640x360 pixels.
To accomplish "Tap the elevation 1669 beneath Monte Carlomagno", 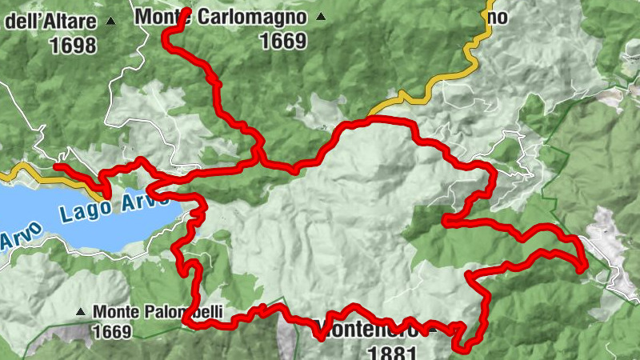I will point(283,41).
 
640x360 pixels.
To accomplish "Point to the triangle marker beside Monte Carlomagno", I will point(322,17).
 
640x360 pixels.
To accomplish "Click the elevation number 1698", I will point(73,46).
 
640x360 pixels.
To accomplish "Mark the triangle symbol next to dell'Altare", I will point(110,22).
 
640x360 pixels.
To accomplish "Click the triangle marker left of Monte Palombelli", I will point(82,311).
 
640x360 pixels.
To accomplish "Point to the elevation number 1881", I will point(391,351).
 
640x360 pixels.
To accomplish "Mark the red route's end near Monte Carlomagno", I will point(186,11).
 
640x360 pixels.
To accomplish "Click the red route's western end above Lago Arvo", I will point(56,166).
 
